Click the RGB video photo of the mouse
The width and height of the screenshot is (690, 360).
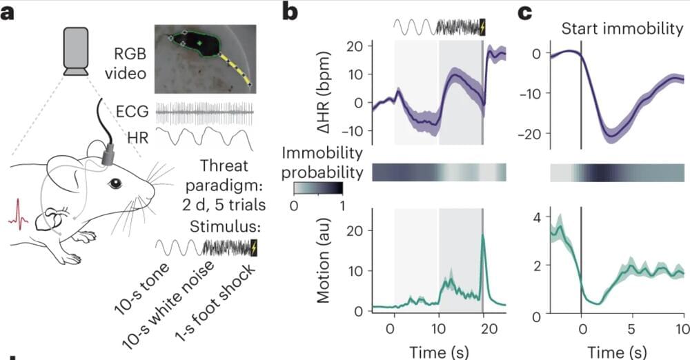[x=205, y=59]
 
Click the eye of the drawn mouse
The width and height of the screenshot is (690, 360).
[x=115, y=183]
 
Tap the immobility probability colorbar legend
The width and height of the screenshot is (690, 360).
[x=317, y=188]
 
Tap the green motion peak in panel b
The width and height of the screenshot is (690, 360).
[x=483, y=237]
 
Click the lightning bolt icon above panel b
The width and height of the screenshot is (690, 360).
[x=482, y=26]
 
